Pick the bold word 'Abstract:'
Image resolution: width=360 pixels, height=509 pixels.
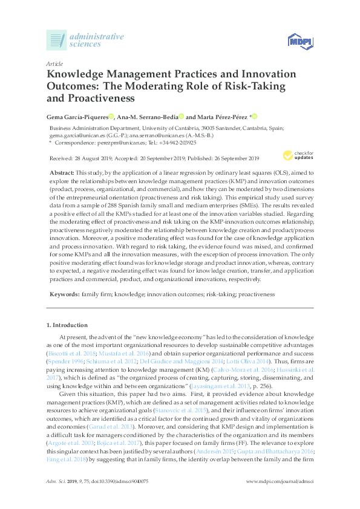(62, 173)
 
